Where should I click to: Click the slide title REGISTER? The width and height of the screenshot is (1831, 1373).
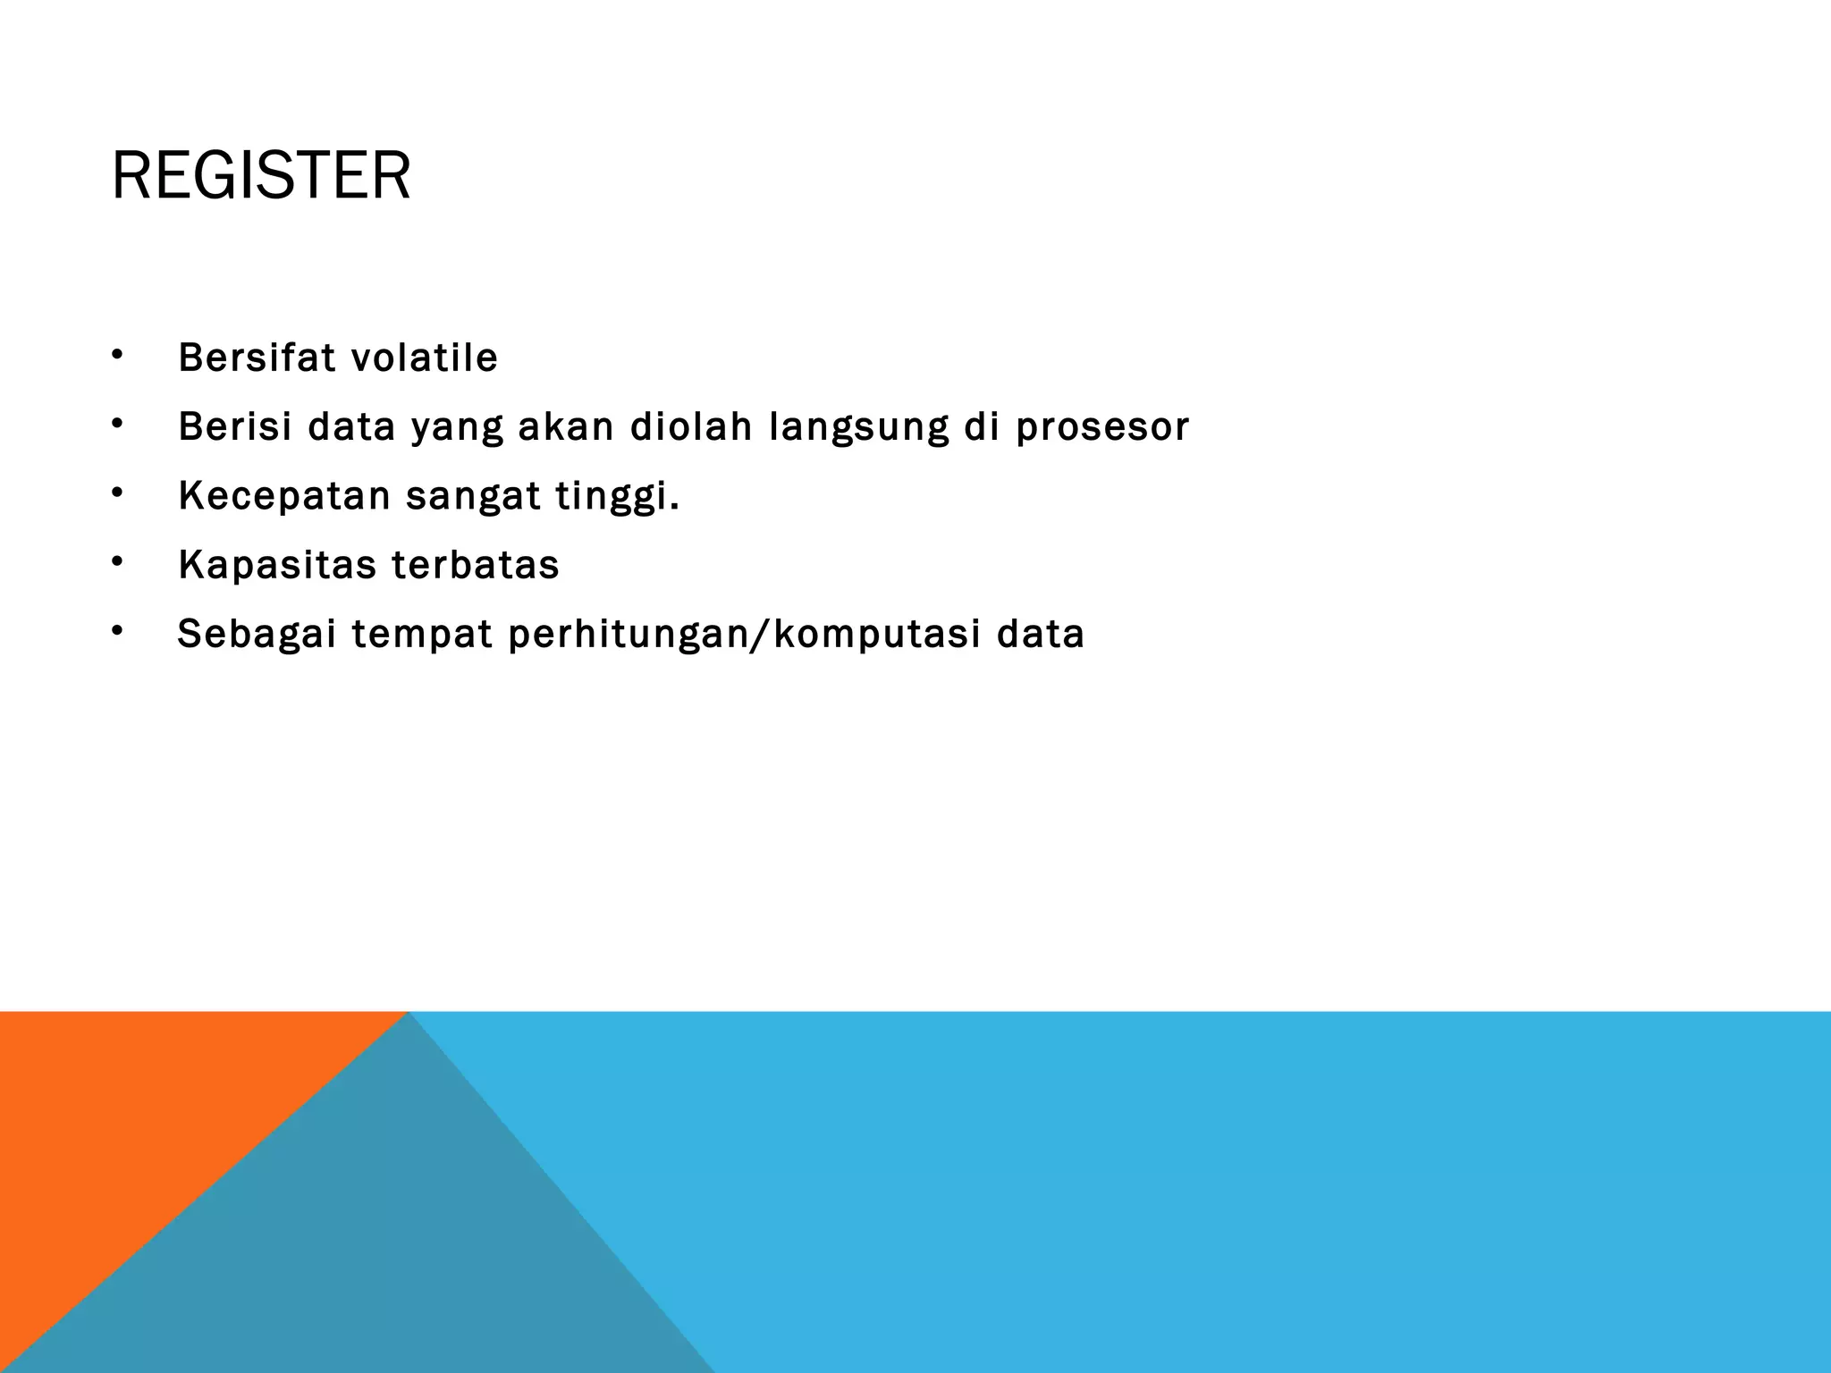tap(260, 176)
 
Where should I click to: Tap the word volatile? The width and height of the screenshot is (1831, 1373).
tap(424, 358)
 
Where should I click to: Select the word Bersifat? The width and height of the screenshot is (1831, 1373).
tap(257, 358)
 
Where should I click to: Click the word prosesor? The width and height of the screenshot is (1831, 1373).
tap(1101, 427)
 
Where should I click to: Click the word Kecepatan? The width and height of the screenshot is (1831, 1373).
tap(284, 497)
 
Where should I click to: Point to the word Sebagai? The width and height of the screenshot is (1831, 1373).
tap(257, 635)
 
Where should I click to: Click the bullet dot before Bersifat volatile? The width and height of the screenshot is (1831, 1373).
tap(116, 356)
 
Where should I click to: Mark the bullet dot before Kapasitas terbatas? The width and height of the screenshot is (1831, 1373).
tap(116, 562)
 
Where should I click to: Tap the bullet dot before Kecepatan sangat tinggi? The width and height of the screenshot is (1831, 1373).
tap(116, 493)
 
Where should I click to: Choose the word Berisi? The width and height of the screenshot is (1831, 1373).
tap(235, 426)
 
